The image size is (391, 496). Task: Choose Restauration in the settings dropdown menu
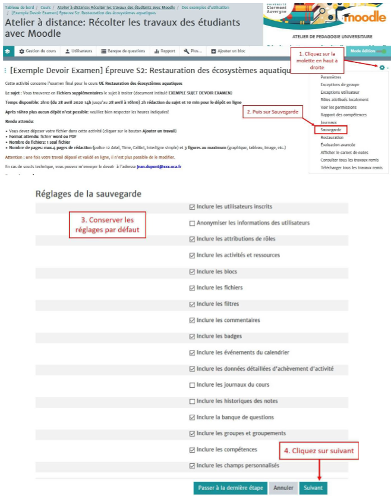click(x=332, y=137)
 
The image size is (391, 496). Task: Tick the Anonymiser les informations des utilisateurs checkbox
click(x=192, y=223)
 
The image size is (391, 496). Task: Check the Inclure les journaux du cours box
click(x=192, y=385)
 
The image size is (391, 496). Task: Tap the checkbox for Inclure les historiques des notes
click(x=192, y=401)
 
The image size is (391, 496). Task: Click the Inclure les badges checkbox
click(x=192, y=336)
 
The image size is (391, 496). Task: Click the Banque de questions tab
click(x=122, y=51)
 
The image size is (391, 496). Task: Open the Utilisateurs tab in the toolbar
click(x=78, y=51)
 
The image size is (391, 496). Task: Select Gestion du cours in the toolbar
click(x=37, y=51)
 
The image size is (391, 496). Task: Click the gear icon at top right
click(x=381, y=68)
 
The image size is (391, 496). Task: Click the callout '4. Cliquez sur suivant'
click(x=319, y=451)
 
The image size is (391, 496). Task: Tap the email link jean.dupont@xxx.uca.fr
click(x=159, y=167)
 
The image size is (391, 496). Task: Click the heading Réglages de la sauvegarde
click(x=88, y=194)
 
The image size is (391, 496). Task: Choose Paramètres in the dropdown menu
click(x=331, y=77)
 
